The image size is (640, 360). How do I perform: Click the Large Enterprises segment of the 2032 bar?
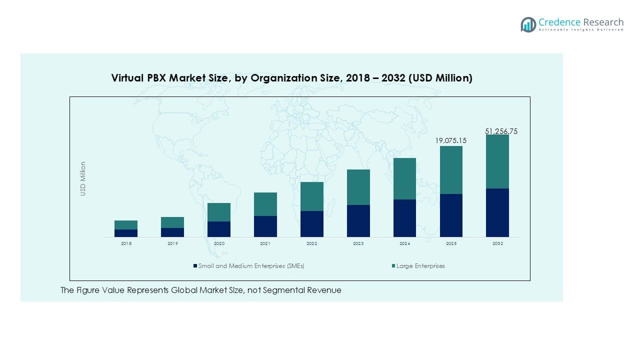click(x=497, y=161)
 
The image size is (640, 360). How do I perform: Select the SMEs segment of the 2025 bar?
click(x=451, y=215)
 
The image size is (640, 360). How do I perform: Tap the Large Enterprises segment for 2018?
click(x=126, y=224)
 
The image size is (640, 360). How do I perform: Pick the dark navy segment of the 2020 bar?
click(x=219, y=229)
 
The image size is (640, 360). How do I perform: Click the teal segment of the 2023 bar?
click(x=358, y=187)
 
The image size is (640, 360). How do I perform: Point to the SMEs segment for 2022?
click(x=312, y=223)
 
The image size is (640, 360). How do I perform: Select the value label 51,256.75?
click(x=501, y=131)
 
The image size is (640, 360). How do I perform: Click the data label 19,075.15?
click(x=450, y=140)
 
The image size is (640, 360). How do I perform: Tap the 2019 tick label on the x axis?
click(x=172, y=243)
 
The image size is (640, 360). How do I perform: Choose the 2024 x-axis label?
click(x=404, y=243)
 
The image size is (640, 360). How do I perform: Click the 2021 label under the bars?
click(x=265, y=243)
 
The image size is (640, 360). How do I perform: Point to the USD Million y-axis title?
click(x=83, y=178)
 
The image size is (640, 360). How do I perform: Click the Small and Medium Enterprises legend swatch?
click(x=195, y=266)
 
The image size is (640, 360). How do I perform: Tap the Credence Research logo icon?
click(x=528, y=24)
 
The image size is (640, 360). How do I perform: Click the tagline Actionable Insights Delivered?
click(x=581, y=30)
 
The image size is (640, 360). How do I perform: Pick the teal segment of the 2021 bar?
click(x=265, y=204)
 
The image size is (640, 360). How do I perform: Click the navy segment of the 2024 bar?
click(x=404, y=218)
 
